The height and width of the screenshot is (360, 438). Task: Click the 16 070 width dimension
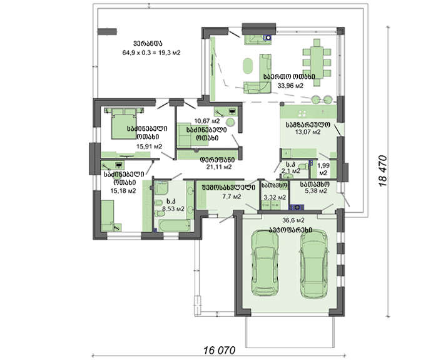pos(219,350)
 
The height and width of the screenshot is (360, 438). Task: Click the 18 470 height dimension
pos(383,171)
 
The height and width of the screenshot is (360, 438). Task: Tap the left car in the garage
pos(265,263)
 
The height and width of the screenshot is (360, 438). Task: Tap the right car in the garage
pos(313,264)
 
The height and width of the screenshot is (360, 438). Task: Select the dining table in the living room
pos(317,63)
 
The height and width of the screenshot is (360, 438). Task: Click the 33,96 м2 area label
pos(290,86)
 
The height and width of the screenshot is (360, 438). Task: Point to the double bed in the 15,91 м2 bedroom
pos(124,123)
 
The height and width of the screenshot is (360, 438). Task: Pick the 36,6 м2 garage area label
pos(293,220)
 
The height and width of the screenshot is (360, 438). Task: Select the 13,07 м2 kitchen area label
pos(308,132)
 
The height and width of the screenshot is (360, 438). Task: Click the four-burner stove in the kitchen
pos(302,113)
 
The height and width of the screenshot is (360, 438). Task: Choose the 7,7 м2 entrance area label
pos(232,197)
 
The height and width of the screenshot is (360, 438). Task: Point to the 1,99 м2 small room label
pos(323,169)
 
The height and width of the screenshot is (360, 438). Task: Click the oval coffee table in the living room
pos(248,66)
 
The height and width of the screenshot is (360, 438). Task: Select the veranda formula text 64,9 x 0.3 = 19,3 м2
pos(151,52)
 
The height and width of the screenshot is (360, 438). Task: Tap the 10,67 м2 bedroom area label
pos(207,121)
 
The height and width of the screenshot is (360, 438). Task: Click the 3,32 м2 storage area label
pos(275,197)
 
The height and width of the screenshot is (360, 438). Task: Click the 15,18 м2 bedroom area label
pos(123,190)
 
